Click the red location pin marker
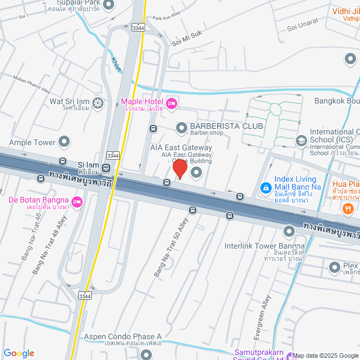click(179, 169)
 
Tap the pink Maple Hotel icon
click(172, 102)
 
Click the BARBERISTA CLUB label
click(226, 126)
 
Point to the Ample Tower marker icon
click(64, 142)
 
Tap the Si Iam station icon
click(106, 168)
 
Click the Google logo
click(19, 353)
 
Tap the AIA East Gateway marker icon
click(196, 172)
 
